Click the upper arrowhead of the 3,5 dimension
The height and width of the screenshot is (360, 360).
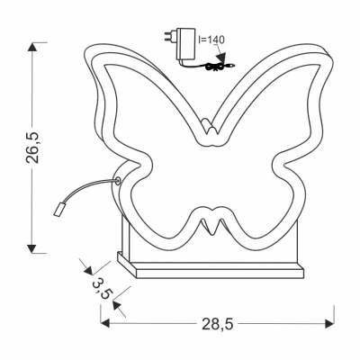(89, 267)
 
